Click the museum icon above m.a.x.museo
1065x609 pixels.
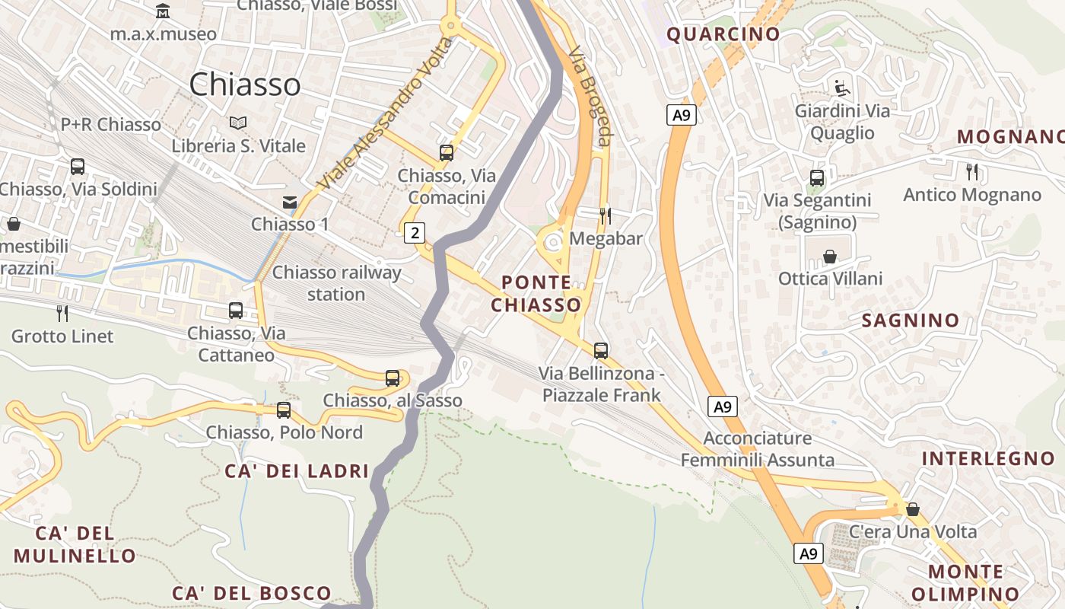pyautogui.click(x=163, y=11)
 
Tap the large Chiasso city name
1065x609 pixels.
pyautogui.click(x=244, y=84)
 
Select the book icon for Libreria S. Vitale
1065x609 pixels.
pyautogui.click(x=238, y=123)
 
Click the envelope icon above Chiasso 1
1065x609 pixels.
pyautogui.click(x=290, y=202)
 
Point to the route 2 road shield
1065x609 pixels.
pyautogui.click(x=414, y=232)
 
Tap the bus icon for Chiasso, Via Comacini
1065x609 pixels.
pyautogui.click(x=447, y=153)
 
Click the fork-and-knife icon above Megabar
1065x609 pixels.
pyautogui.click(x=606, y=216)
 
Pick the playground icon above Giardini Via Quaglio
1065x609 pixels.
pyautogui.click(x=842, y=88)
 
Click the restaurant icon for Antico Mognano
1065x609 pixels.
pyautogui.click(x=972, y=172)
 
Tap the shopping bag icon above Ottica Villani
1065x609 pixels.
pyautogui.click(x=830, y=257)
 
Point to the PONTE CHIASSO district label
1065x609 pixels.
pyautogui.click(x=536, y=294)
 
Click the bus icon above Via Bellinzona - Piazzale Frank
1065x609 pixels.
pyautogui.click(x=601, y=351)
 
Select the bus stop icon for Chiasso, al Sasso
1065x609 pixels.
pyautogui.click(x=393, y=378)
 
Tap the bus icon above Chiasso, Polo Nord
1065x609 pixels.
pyautogui.click(x=284, y=410)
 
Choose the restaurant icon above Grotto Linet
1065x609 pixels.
pyautogui.click(x=62, y=313)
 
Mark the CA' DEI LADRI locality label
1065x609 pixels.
pyautogui.click(x=297, y=471)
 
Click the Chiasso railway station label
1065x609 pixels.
pyautogui.click(x=336, y=283)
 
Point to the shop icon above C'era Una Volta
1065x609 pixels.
pyautogui.click(x=913, y=509)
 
